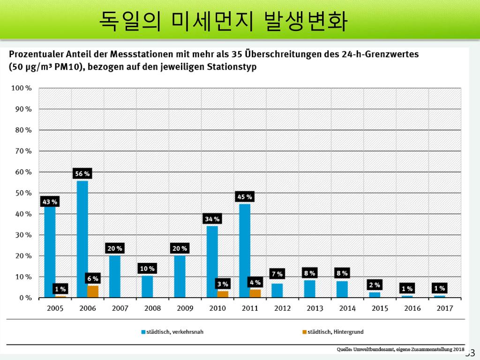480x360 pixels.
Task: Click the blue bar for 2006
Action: coord(82,239)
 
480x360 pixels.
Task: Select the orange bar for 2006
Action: coord(93,292)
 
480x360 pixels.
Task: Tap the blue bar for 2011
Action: coord(245,251)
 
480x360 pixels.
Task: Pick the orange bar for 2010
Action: coord(223,294)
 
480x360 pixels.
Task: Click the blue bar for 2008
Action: coord(147,286)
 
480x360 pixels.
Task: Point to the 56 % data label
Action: coord(82,174)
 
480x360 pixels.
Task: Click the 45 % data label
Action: coord(245,197)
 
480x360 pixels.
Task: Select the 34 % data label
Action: coord(212,219)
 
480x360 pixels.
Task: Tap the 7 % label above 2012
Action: coord(277,274)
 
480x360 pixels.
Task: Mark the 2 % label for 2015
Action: coord(375,285)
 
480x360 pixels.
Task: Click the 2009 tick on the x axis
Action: coord(185,308)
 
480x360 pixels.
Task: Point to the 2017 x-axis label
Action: coord(444,308)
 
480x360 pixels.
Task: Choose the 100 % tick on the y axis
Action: coord(22,88)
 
